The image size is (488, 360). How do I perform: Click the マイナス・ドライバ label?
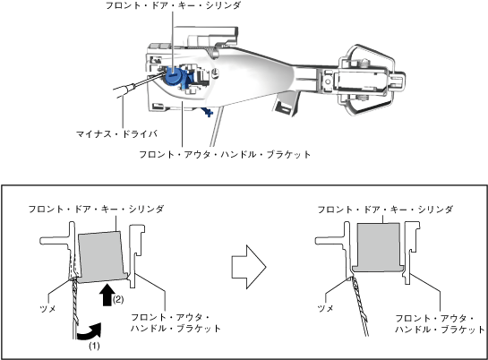pyautogui.click(x=116, y=133)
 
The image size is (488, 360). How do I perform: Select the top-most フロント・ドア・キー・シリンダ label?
pyautogui.click(x=174, y=5)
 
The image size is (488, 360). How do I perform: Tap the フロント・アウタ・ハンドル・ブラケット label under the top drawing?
pyautogui.click(x=225, y=154)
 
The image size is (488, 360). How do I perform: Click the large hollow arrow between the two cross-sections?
pyautogui.click(x=249, y=267)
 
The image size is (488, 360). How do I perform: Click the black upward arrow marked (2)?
pyautogui.click(x=107, y=295)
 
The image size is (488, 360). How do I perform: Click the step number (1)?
pyautogui.click(x=94, y=346)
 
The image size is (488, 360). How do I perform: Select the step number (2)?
pyautogui.click(x=118, y=300)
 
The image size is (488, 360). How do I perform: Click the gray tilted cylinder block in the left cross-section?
pyautogui.click(x=102, y=257)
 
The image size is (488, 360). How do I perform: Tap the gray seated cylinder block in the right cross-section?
pyautogui.click(x=378, y=247)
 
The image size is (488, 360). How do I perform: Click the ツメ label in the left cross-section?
pyautogui.click(x=47, y=309)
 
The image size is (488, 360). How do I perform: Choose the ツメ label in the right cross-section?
pyautogui.click(x=325, y=308)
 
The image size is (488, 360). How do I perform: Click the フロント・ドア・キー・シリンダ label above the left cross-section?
pyautogui.click(x=96, y=209)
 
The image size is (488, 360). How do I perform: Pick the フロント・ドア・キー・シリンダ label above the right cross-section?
pyautogui.click(x=385, y=210)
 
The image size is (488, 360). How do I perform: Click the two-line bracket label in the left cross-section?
pyautogui.click(x=176, y=322)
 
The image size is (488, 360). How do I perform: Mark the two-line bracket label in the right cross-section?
pyautogui.click(x=440, y=323)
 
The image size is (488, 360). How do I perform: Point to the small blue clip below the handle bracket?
pyautogui.click(x=207, y=112)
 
